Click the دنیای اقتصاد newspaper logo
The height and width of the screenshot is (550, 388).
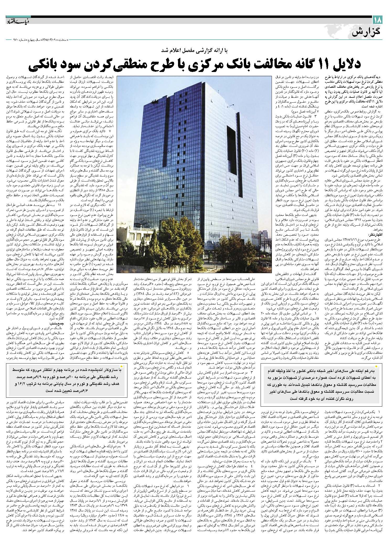coord(17,20)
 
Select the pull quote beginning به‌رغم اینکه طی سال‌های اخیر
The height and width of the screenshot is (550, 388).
coord(322,386)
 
